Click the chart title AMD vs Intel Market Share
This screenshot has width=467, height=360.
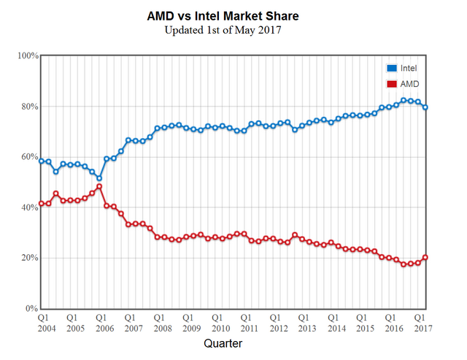click(x=233, y=16)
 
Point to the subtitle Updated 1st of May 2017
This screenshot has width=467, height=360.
click(x=233, y=30)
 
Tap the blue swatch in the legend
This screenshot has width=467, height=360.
click(x=392, y=68)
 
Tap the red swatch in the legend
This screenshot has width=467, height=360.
click(x=392, y=84)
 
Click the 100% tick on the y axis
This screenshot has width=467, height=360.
click(x=28, y=55)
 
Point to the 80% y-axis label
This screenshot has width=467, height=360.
click(x=29, y=107)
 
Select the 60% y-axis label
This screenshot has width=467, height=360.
click(x=29, y=157)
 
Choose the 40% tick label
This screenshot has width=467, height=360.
click(x=29, y=207)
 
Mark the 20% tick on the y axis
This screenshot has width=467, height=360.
click(x=29, y=258)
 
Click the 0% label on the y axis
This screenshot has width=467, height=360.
click(x=31, y=309)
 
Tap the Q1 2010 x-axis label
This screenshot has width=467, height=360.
click(x=217, y=323)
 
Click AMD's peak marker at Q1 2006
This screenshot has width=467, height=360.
click(x=99, y=186)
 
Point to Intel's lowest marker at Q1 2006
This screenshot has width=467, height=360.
click(x=99, y=178)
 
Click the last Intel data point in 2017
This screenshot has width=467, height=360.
click(x=425, y=107)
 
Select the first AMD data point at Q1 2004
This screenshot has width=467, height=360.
click(x=42, y=204)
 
